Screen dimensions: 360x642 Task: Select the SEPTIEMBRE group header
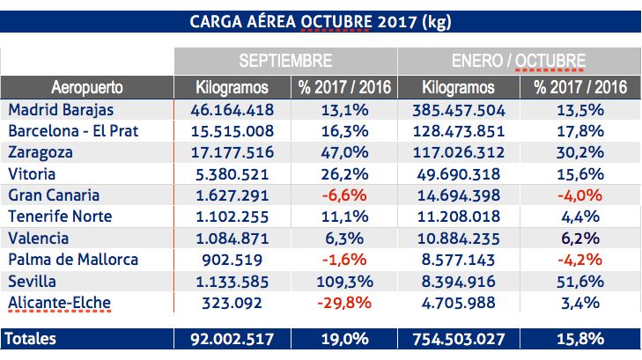(x=286, y=62)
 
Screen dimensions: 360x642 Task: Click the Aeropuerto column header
(x=87, y=88)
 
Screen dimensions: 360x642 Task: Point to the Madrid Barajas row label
(x=61, y=110)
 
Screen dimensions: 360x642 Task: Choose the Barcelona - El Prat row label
(x=73, y=131)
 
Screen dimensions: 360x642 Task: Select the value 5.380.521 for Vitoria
(x=233, y=173)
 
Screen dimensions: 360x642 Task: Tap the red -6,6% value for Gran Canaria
(x=344, y=195)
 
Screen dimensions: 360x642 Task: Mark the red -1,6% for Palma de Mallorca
(x=344, y=260)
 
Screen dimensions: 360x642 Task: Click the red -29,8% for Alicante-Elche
(x=344, y=303)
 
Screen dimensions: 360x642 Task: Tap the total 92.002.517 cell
(x=233, y=337)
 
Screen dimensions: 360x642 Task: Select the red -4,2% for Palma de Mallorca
(x=580, y=260)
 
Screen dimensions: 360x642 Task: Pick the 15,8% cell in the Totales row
(x=580, y=337)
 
